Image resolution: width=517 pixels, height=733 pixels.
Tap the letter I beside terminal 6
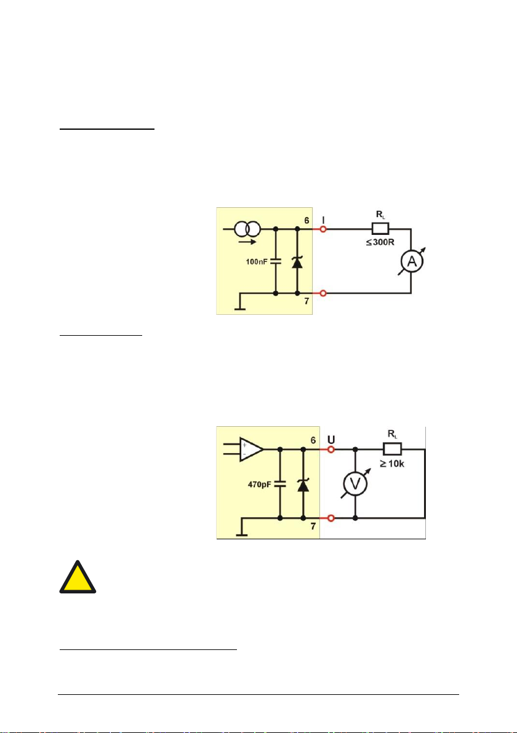[x=324, y=217]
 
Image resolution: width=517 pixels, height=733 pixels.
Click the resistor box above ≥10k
[x=391, y=450]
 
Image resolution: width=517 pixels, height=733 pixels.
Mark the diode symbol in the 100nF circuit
[x=297, y=262]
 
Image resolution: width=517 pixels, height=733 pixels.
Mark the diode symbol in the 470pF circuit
[x=302, y=485]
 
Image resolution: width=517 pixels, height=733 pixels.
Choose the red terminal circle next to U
[x=331, y=450]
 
